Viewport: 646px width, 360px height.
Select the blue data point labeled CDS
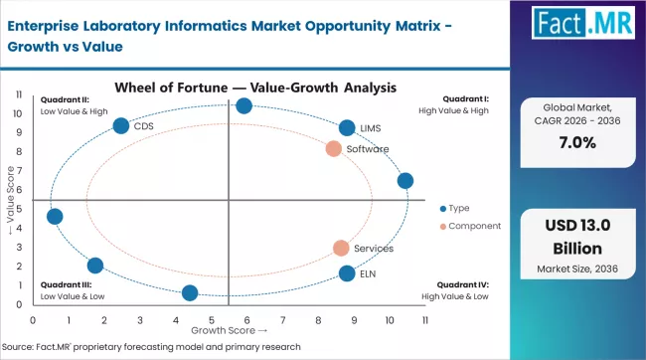tap(121, 126)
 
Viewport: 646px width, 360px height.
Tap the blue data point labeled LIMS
tap(347, 127)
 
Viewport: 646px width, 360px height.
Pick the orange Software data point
tap(334, 149)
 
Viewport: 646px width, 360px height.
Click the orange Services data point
tap(341, 248)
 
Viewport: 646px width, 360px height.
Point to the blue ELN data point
tap(347, 273)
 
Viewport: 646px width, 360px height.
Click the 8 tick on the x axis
tap(317, 320)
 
